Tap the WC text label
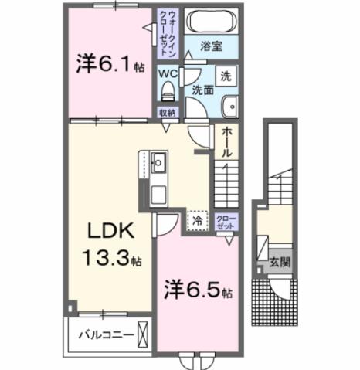[168, 74]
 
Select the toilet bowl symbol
[167, 92]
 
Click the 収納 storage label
[168, 113]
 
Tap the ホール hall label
[226, 144]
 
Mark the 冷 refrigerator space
[197, 219]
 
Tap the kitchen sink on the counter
[158, 163]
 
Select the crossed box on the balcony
[144, 335]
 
